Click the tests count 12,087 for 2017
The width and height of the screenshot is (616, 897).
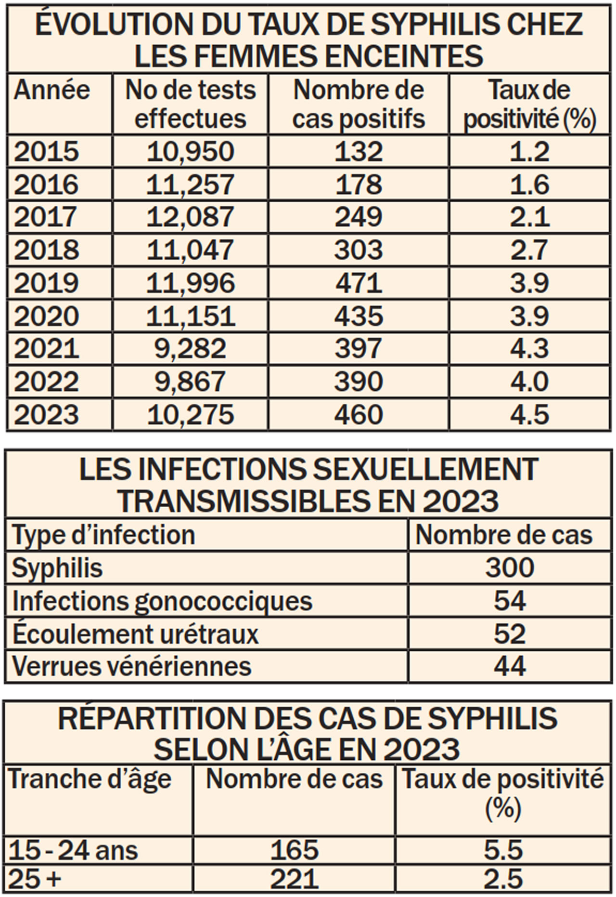(x=190, y=217)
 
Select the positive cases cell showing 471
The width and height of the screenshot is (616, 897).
(x=359, y=283)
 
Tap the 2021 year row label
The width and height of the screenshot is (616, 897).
(x=46, y=348)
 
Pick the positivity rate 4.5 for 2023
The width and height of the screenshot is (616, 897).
(x=529, y=414)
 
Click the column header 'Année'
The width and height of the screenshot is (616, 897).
(x=52, y=90)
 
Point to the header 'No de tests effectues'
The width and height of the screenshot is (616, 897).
(x=191, y=104)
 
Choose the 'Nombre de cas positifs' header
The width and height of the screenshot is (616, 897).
(x=359, y=104)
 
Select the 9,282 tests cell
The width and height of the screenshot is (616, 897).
(x=190, y=348)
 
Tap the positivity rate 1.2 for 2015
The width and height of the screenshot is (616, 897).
(x=529, y=151)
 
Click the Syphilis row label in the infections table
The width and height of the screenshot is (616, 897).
(x=57, y=568)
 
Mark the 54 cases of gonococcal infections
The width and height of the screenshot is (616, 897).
(x=510, y=601)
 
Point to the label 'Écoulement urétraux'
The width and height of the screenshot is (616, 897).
(x=136, y=633)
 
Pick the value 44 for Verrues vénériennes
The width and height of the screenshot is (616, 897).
(x=510, y=666)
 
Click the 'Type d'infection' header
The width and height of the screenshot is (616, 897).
(x=103, y=535)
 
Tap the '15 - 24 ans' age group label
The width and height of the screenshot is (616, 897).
(x=73, y=850)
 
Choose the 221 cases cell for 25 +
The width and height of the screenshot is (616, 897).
(x=294, y=879)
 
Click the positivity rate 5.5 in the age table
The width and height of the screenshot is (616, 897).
(x=503, y=850)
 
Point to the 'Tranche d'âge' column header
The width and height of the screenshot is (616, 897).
(x=90, y=779)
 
